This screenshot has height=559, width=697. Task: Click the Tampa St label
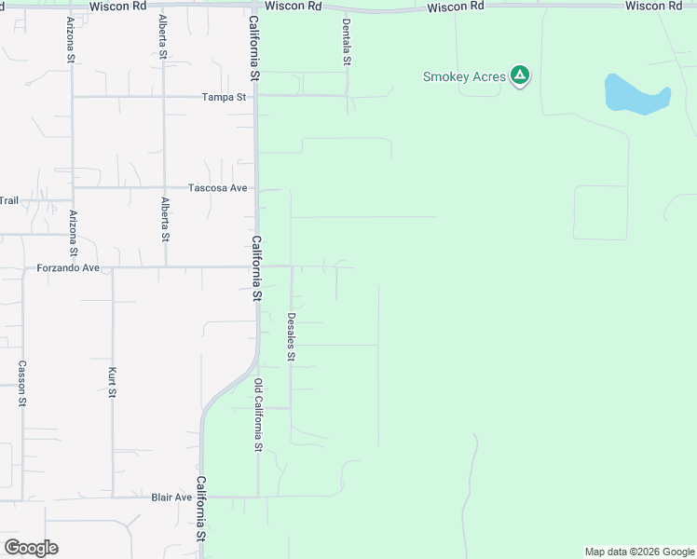click(x=225, y=97)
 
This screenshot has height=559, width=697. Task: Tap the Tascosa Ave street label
click(x=218, y=188)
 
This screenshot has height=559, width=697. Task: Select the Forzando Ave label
click(x=68, y=268)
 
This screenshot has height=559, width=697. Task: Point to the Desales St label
click(x=291, y=336)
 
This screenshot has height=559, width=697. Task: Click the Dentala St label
click(x=347, y=41)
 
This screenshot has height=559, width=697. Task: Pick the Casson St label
click(x=22, y=383)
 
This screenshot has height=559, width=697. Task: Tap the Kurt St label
click(x=112, y=383)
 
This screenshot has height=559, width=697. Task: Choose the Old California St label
click(x=258, y=414)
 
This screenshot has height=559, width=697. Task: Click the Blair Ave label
click(x=171, y=498)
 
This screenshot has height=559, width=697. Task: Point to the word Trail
click(x=8, y=200)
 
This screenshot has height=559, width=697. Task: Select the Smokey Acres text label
click(x=464, y=76)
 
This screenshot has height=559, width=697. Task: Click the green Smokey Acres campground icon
click(x=520, y=75)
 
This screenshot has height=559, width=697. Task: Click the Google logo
click(x=31, y=548)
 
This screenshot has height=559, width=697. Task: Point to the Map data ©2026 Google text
click(x=639, y=552)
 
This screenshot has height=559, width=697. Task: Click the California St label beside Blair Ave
click(x=200, y=509)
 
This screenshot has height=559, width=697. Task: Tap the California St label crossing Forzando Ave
click(x=256, y=267)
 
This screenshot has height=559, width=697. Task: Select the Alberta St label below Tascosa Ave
click(x=165, y=219)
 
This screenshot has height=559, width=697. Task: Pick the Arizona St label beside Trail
click(x=73, y=233)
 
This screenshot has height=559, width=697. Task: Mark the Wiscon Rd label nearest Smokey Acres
click(x=456, y=7)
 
